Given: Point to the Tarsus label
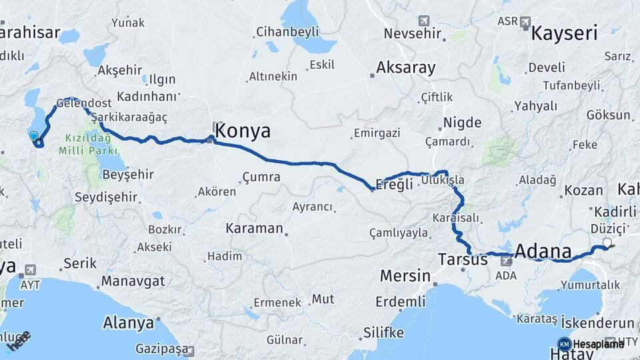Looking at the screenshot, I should click(x=463, y=259).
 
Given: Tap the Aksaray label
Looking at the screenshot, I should click(x=405, y=67).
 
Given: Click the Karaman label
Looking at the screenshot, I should click(x=254, y=228).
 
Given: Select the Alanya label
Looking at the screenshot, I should click(x=128, y=323).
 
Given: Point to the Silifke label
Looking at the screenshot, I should click(x=385, y=333).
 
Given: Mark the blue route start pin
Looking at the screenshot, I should click(x=34, y=137).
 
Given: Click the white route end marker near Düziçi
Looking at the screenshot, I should click(x=607, y=243).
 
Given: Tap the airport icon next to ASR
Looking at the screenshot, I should click(x=525, y=22).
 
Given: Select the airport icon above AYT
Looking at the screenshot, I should click(x=29, y=271).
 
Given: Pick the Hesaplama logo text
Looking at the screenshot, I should click(x=599, y=344).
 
